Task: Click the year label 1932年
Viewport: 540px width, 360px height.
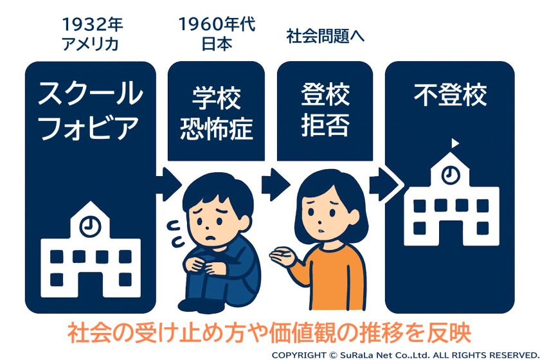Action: point(93,24)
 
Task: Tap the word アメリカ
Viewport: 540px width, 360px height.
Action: point(90,44)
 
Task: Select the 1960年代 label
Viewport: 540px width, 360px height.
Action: point(217,24)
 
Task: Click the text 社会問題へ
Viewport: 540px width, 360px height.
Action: point(325,36)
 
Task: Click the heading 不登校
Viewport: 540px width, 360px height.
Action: point(450,94)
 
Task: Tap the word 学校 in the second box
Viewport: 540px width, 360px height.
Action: point(216,98)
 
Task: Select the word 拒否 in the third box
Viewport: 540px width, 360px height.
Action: point(325,125)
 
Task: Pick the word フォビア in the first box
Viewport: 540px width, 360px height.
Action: point(89,127)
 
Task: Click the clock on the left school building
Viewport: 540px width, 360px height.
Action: point(90,226)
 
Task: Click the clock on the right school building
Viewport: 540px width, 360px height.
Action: point(451,175)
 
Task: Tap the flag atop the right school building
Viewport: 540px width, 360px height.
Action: point(455,143)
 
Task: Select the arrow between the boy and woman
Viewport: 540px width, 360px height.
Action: point(275,184)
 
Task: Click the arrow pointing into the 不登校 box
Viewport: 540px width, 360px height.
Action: point(385,184)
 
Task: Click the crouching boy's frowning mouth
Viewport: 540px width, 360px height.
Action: point(210,237)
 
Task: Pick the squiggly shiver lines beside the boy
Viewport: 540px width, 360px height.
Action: point(175,233)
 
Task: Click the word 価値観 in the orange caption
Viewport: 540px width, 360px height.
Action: point(298,332)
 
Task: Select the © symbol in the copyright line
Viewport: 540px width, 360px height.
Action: point(333,355)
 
